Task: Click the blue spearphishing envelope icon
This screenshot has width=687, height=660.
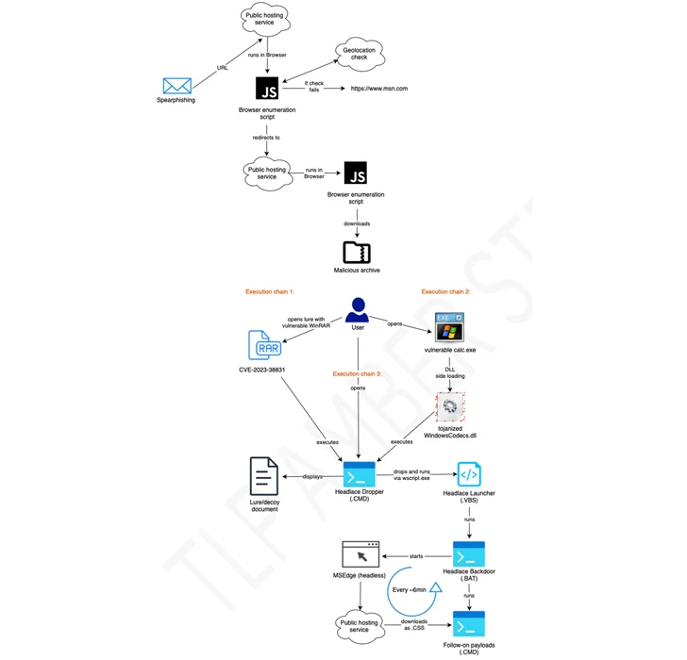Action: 176,86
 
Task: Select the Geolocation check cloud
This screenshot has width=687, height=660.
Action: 353,56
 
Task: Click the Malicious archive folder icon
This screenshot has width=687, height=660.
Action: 357,252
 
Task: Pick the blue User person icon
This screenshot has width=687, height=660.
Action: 357,310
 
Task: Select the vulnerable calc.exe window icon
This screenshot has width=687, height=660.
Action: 448,326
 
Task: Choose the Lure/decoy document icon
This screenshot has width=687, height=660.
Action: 263,475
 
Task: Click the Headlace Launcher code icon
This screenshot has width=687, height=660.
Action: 469,474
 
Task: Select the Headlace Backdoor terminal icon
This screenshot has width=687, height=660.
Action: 469,554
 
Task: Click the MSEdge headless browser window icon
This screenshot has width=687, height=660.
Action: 360,555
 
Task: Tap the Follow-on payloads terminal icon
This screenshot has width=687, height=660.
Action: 469,623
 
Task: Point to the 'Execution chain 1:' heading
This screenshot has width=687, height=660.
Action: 271,292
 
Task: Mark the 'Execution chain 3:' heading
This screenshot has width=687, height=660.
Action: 358,373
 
